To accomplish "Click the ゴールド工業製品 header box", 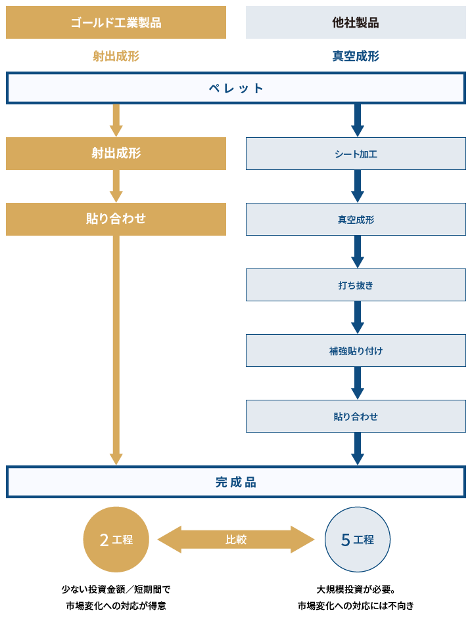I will point(116,22).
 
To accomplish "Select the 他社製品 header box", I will point(356,22).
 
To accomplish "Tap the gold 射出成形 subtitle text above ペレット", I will point(116,56).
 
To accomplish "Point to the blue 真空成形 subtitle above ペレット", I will point(356,56).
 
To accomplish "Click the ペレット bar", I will point(236,88).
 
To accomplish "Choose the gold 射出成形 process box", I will point(116,153).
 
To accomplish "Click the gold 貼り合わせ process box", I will point(116,219).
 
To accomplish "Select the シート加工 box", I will point(356,154).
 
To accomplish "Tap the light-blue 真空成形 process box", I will point(356,219).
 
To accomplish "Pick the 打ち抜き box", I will point(356,285).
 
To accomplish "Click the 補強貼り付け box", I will point(356,351).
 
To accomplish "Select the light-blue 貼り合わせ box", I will point(356,416).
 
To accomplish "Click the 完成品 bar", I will point(236,482).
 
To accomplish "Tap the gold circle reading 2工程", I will point(116,540).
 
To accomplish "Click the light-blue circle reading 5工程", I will point(358,540).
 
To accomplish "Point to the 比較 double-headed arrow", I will point(236,540).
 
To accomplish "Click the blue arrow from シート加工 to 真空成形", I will point(358,186).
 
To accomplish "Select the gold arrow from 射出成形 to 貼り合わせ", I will point(116,186).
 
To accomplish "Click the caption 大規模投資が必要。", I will point(356,589).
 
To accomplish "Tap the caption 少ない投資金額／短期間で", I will point(116,589).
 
